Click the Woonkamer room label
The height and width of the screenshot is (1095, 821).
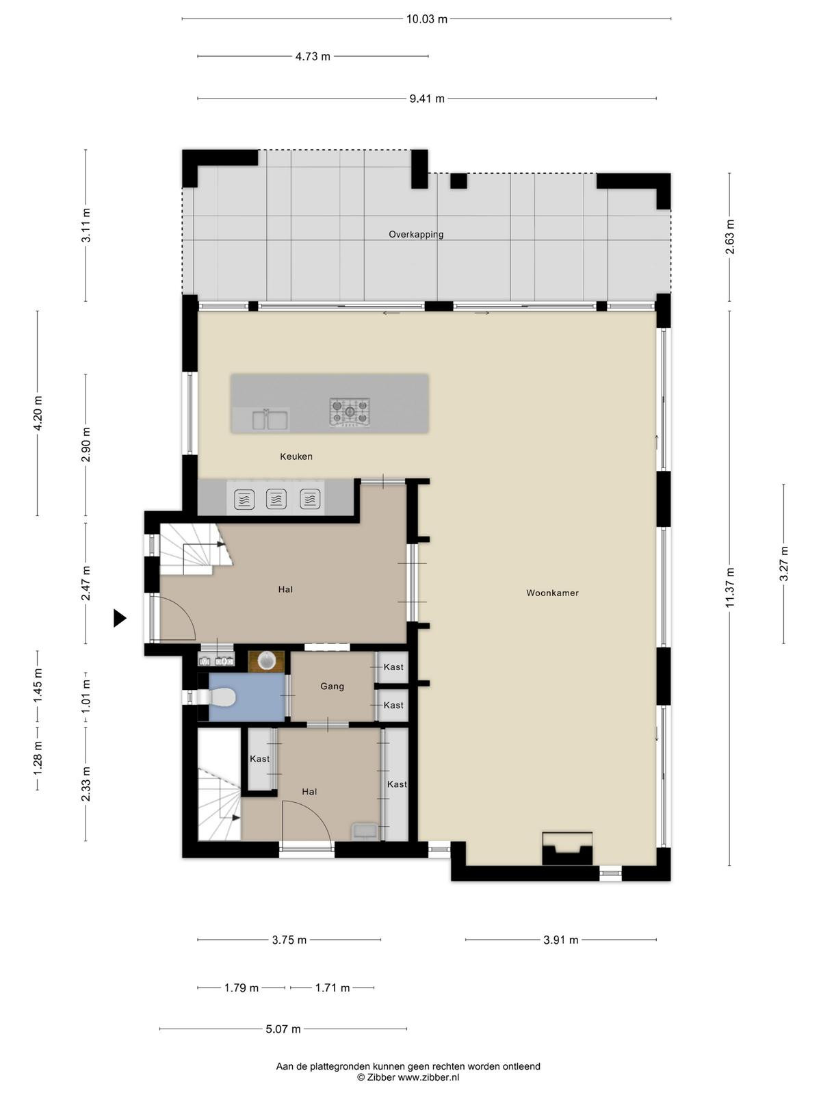coord(552,593)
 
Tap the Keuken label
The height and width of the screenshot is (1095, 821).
coord(296,456)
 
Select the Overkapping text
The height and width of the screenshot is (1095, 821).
coord(416,235)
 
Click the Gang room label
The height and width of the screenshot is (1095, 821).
coord(332,686)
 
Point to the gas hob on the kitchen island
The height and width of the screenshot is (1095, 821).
coord(350,411)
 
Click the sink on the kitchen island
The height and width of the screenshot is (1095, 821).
coord(269,419)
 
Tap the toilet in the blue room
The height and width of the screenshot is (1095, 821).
coord(217,697)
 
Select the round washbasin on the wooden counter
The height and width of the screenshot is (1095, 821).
coord(267,661)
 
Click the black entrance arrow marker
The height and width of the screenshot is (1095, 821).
coord(120,618)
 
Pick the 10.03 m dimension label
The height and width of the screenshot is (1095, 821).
coord(427,19)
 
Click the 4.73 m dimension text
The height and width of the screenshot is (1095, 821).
coord(313,56)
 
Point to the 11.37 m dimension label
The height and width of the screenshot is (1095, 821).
coord(730,588)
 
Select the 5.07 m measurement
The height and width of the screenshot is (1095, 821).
coord(283,1029)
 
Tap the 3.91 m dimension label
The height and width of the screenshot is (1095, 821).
coord(561,940)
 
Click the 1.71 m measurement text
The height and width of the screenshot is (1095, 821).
coord(333,988)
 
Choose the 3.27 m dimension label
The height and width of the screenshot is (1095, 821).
coord(784,564)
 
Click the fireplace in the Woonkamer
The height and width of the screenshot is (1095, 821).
coord(567,849)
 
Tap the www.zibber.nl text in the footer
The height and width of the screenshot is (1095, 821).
coord(428,1077)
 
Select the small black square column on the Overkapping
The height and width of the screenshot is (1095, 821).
coord(458,181)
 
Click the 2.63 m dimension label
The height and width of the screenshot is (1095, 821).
coord(730,237)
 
